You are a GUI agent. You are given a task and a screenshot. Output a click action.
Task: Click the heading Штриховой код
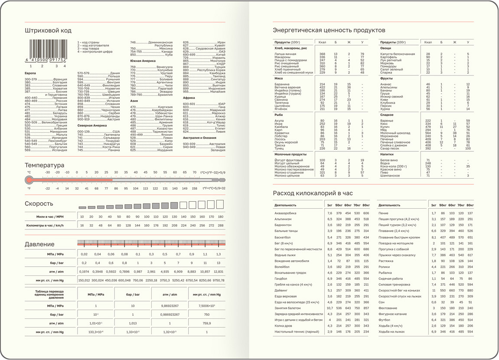pyautogui.click(x=48, y=30)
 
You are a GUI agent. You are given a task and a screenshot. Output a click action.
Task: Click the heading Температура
pyautogui.click(x=44, y=165)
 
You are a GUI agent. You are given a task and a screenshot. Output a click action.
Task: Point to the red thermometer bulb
pyautogui.click(x=29, y=180)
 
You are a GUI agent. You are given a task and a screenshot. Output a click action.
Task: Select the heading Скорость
pyautogui.click(x=39, y=204)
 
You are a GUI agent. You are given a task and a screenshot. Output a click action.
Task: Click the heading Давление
pyautogui.click(x=39, y=244)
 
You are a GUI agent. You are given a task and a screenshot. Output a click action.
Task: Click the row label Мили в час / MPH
pyautogui.click(x=50, y=216)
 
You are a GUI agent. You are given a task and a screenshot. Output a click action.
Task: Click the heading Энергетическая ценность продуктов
pyautogui.click(x=329, y=30)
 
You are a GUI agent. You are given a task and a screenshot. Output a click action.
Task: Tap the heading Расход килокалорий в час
pyautogui.click(x=313, y=193)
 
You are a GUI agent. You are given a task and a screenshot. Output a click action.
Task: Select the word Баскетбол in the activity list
pyautogui.click(x=282, y=237)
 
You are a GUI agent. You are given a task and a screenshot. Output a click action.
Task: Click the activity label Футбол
pyautogui.click(x=384, y=320)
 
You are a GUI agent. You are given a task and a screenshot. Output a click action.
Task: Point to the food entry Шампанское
pyautogui.click(x=390, y=176)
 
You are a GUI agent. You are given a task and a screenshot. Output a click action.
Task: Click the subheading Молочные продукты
pyautogui.click(x=290, y=154)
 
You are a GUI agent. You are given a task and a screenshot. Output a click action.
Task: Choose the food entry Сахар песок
pyautogui.click(x=390, y=148)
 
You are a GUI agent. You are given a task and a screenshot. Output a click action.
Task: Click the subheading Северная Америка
pyautogui.click(x=92, y=125)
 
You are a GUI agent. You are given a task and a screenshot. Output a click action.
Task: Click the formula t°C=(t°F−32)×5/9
pyautogui.click(x=212, y=172)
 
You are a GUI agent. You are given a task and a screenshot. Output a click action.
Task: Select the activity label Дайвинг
pyautogui.click(x=280, y=290)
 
